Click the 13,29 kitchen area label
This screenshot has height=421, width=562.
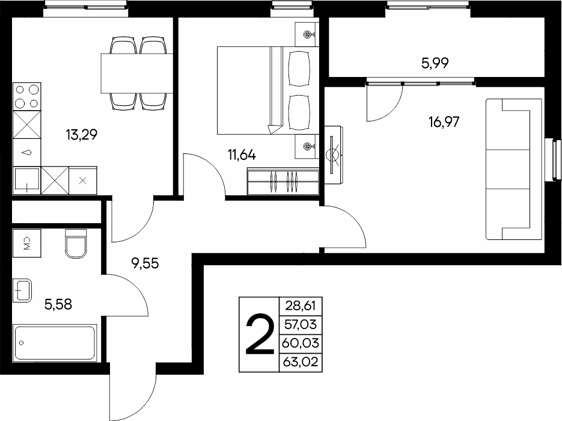click(x=81, y=135)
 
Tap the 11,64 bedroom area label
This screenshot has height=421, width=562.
click(x=242, y=155)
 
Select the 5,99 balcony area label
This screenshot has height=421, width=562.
click(x=435, y=63)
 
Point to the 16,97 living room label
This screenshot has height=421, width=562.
click(x=444, y=122)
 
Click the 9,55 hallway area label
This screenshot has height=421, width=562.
click(x=145, y=263)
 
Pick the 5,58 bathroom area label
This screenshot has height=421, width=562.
click(x=58, y=304)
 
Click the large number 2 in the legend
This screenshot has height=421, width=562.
click(x=260, y=334)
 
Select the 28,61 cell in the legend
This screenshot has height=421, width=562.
click(x=301, y=306)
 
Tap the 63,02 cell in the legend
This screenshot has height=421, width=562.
click(x=301, y=362)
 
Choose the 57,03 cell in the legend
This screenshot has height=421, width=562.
click(x=301, y=325)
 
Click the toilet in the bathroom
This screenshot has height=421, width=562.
click(x=76, y=244)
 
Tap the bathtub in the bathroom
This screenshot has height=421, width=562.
click(x=55, y=342)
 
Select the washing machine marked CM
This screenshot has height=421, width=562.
click(x=27, y=244)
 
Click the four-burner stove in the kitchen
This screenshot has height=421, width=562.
click(x=27, y=96)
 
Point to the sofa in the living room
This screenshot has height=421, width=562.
click(x=513, y=169)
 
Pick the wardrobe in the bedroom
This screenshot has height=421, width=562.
click(x=283, y=182)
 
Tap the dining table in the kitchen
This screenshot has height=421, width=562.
click(x=137, y=73)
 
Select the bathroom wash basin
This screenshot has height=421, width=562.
click(x=22, y=290)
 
